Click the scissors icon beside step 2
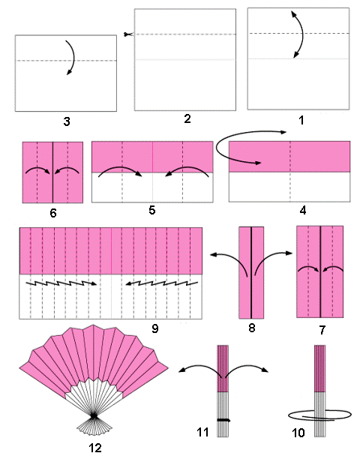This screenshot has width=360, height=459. coord(128,34)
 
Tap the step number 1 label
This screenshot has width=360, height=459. coord(301,120)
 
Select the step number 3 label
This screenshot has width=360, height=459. coord(67,121)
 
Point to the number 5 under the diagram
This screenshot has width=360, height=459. coord(152,210)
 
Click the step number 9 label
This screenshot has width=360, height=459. coord(154,328)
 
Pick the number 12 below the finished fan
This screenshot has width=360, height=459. coord(95,448)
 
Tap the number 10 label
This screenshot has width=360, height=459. coord(298,433)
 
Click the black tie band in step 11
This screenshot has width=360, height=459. coord(223,420)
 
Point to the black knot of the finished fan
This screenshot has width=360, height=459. coord(94,415)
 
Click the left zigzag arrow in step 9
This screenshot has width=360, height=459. coord(61,283)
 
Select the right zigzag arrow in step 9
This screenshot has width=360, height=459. coord(162,283)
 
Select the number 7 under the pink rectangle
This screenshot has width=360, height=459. coord(322,330)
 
